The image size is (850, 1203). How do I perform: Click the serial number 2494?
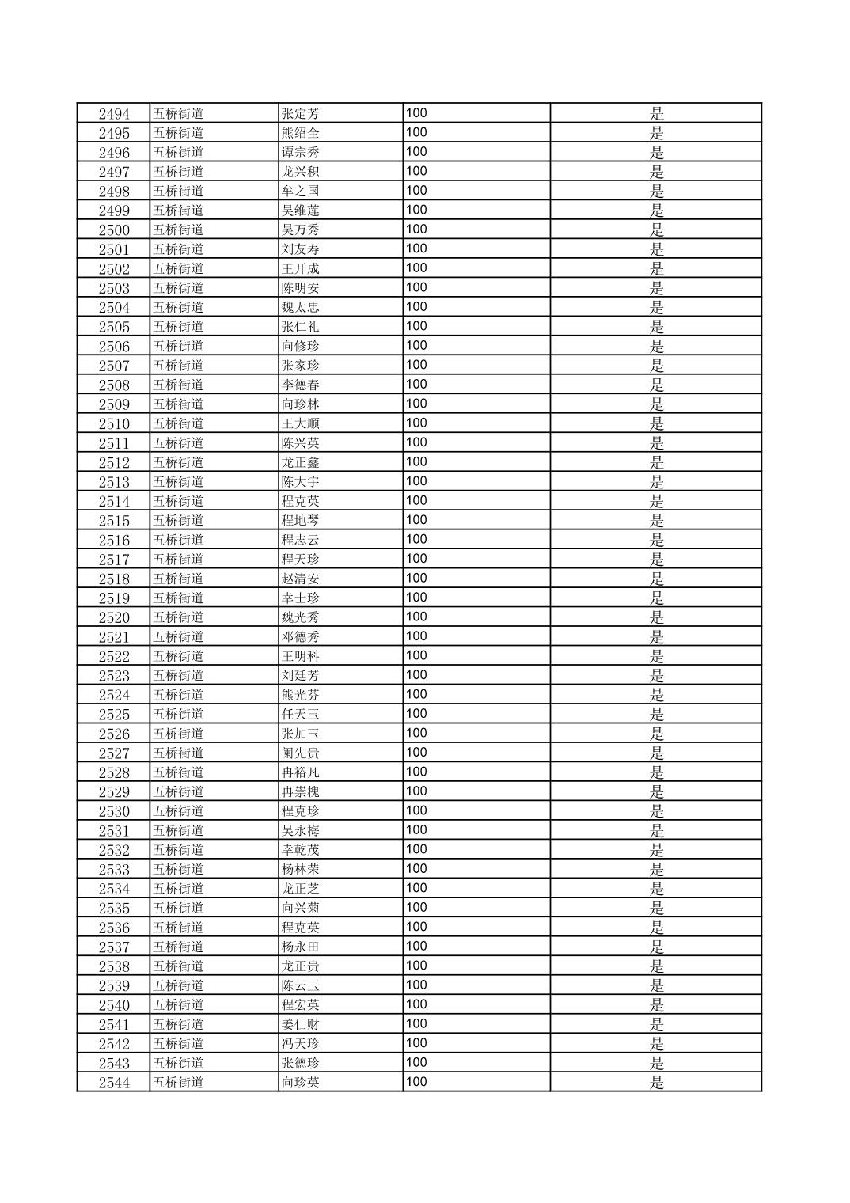point(114,113)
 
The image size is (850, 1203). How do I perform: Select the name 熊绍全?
point(301,133)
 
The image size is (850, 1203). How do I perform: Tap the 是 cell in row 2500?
point(656,230)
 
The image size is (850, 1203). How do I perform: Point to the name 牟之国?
point(301,191)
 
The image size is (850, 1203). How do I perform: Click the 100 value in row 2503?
point(416,287)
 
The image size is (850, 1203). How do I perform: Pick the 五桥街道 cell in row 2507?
point(178,365)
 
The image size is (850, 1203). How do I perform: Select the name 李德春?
point(301,385)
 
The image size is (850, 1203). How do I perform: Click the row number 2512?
point(114,462)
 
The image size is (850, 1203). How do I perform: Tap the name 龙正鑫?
point(301,462)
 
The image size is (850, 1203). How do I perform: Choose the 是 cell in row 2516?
point(656,540)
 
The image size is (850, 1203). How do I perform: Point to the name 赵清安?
point(301,579)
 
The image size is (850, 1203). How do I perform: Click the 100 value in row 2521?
point(416,636)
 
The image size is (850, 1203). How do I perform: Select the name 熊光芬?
point(301,695)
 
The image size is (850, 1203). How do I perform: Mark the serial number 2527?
point(114,753)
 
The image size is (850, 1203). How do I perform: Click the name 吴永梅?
point(301,830)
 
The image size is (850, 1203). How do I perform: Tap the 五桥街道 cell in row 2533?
point(178,869)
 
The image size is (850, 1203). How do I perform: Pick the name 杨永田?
point(301,947)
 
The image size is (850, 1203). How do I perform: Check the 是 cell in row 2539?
point(656,985)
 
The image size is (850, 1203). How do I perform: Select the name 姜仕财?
point(301,1024)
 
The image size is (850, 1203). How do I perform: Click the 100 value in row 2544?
point(416,1082)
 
